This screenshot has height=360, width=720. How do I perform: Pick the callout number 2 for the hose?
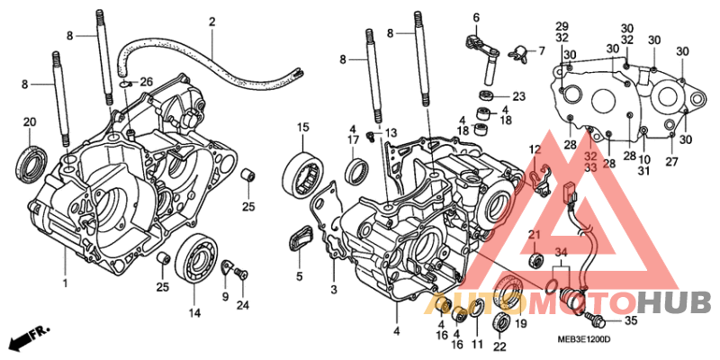click(212, 22)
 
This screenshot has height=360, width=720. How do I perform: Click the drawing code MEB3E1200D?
click(580, 339)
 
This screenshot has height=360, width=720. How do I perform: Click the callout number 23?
click(518, 96)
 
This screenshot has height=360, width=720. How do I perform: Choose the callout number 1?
click(65, 283)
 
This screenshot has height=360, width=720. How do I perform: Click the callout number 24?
click(241, 304)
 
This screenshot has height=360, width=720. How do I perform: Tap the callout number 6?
click(476, 16)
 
